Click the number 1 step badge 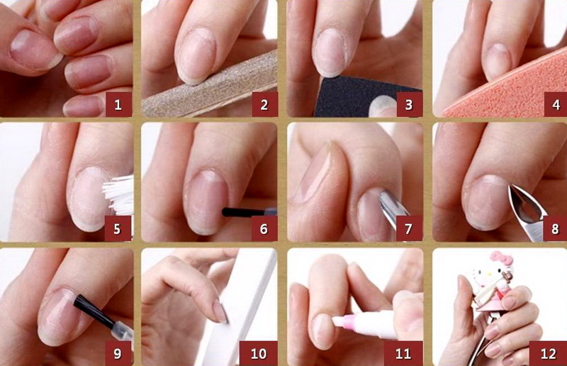click(118, 105)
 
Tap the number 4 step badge click(556, 105)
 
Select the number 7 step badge click(409, 229)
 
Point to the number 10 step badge click(259, 353)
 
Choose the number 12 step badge click(548, 353)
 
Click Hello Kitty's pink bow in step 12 click(502, 258)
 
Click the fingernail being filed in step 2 click(196, 55)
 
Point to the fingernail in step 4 click(498, 62)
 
